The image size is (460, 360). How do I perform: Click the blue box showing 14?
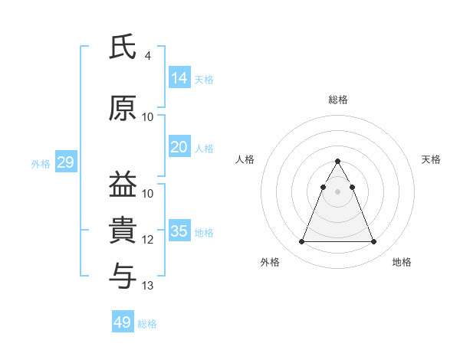point(179,77)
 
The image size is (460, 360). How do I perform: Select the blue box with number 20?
point(179,147)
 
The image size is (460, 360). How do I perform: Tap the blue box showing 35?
point(179,231)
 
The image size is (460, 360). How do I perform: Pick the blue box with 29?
point(65,162)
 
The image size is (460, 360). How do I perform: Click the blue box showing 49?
point(123,322)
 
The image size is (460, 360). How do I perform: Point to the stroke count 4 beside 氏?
point(147,55)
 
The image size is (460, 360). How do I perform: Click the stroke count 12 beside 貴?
point(148,240)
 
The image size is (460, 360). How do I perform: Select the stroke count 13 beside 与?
point(148,286)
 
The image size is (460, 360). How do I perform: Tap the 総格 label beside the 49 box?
point(147,324)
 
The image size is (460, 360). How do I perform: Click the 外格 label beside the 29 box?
point(41,164)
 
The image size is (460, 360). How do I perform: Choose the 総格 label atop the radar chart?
point(338,100)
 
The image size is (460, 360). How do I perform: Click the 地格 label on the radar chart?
point(402,263)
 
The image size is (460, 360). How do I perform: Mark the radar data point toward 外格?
point(301,242)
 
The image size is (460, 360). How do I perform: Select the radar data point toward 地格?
point(374,242)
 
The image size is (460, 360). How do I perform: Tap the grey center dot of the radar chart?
point(338,191)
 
